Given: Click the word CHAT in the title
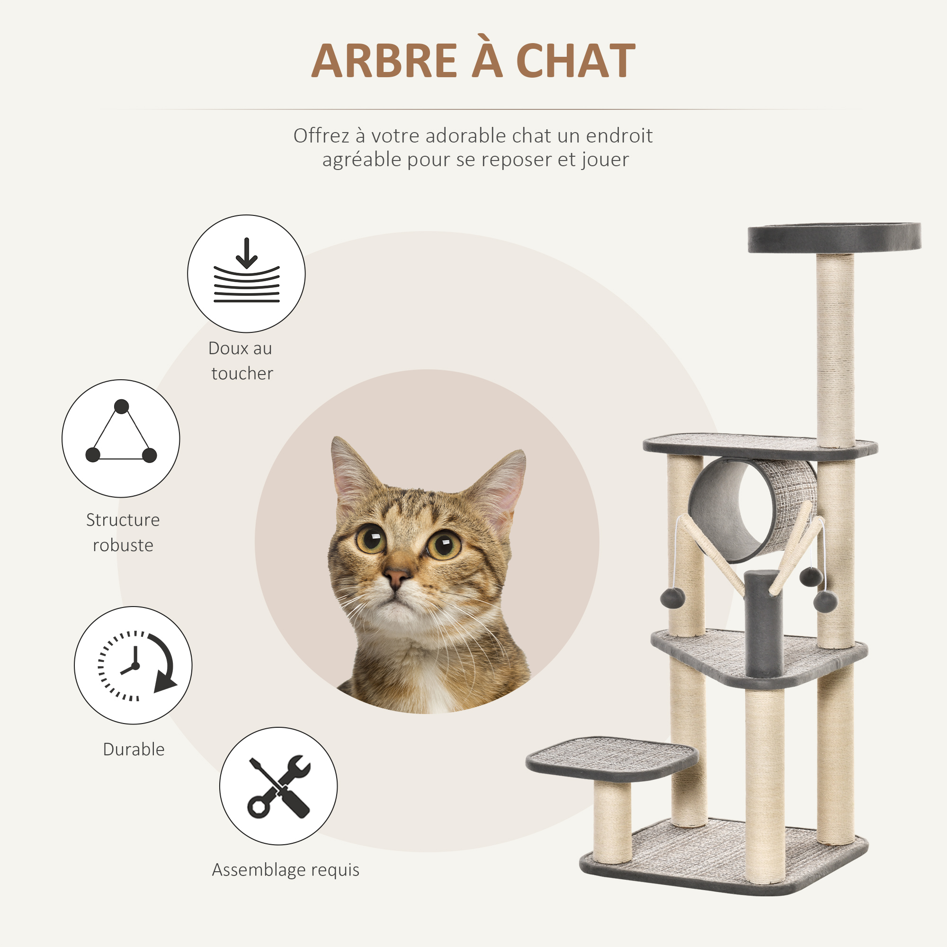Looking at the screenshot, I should point(575,61).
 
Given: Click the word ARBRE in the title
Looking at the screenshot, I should point(384,61).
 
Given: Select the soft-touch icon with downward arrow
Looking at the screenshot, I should point(246,274).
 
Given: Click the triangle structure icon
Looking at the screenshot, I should point(121,438).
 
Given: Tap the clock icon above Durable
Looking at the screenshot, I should point(134,665).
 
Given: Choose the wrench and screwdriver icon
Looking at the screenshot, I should point(278,786).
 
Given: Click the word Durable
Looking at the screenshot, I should point(134,750).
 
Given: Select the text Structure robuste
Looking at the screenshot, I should point(123,532).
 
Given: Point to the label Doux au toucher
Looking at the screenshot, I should point(241,361).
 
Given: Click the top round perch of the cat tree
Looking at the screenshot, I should point(834,237).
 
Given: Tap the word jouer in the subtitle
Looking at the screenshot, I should point(605,159).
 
